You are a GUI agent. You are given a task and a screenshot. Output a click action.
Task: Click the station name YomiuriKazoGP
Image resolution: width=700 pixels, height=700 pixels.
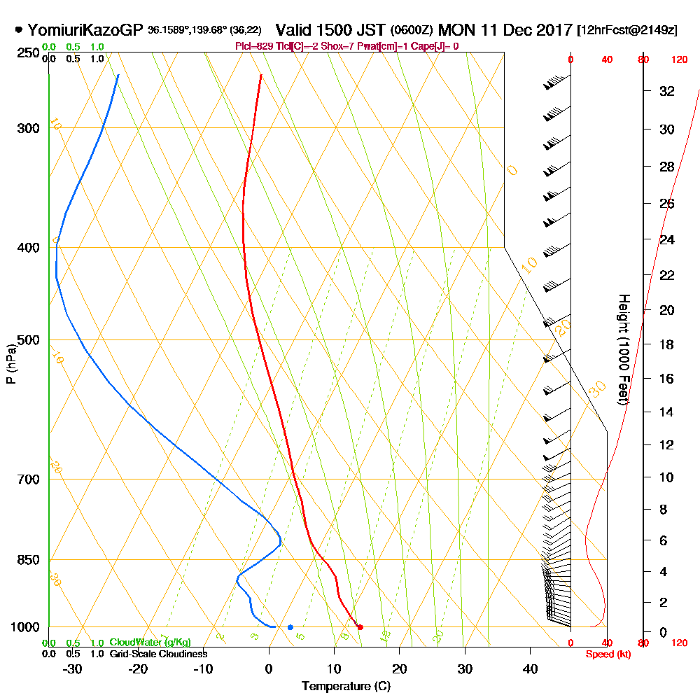[x=85, y=30]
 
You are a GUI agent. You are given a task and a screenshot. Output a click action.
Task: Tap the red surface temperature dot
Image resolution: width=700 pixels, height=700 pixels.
[x=360, y=627]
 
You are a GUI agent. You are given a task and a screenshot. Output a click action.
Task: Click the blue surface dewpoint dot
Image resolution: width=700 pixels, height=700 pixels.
[x=290, y=627]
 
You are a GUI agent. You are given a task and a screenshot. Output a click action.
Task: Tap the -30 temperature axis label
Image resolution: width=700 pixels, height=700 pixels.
[x=73, y=669]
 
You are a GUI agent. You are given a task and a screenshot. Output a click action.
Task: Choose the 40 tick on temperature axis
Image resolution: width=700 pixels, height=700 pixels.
[x=530, y=669]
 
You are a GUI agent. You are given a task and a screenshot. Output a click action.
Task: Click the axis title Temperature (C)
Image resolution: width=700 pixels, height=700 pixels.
[x=346, y=687]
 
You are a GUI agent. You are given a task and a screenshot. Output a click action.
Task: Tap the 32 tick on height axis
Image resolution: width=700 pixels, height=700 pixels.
[x=667, y=91]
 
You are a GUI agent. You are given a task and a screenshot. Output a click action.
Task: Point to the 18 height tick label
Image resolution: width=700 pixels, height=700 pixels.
[x=667, y=344]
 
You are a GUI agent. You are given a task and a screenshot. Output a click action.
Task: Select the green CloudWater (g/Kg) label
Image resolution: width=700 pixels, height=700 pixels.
[x=150, y=643]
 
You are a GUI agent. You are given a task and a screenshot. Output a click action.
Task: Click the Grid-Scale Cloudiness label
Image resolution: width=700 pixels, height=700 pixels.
[x=158, y=654]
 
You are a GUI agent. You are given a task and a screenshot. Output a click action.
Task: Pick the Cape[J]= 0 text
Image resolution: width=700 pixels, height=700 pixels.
[x=437, y=46]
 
